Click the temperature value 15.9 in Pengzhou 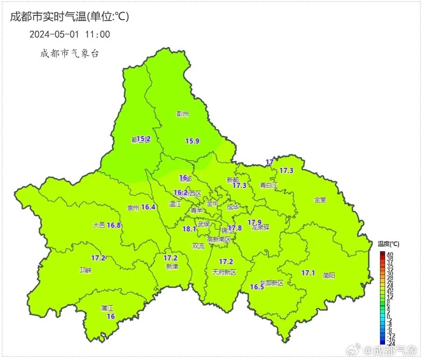click(192, 141)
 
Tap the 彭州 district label click(183, 113)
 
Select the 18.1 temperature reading click(189, 229)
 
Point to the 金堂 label click(320, 200)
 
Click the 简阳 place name click(329, 275)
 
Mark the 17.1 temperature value click(308, 273)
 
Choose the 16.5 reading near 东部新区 click(257, 287)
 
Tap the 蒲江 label click(107, 308)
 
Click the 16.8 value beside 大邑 click(114, 225)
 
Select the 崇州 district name click(133, 208)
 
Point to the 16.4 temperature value click(148, 207)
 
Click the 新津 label click(172, 267)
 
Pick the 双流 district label click(198, 246)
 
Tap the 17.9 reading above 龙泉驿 click(254, 222)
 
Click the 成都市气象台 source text click(69, 54)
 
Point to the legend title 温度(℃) click(388, 244)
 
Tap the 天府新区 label click(224, 272)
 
